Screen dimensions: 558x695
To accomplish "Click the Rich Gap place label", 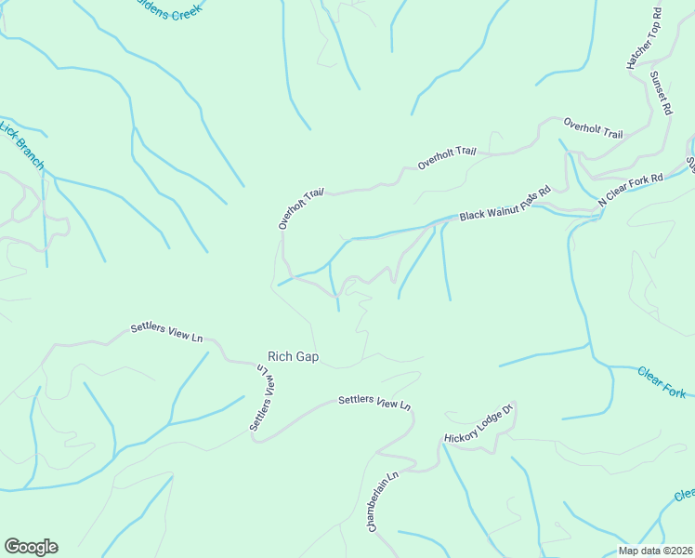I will point(293,356).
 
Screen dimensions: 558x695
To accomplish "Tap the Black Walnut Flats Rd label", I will point(505,203).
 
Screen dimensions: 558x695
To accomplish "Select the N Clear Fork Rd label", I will point(631,189).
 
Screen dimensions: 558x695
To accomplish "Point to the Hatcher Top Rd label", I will point(644,40).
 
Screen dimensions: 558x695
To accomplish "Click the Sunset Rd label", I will point(661,93).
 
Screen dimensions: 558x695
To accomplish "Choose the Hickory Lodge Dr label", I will point(479,424).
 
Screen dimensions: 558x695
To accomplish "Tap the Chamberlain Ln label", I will point(382,501).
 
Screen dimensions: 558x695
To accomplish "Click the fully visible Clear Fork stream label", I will point(662,382).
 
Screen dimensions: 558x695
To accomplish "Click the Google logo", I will point(31,547).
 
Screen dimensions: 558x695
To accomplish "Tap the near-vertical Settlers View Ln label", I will point(264,397).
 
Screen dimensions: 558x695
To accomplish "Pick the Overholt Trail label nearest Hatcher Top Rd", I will point(593,128).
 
